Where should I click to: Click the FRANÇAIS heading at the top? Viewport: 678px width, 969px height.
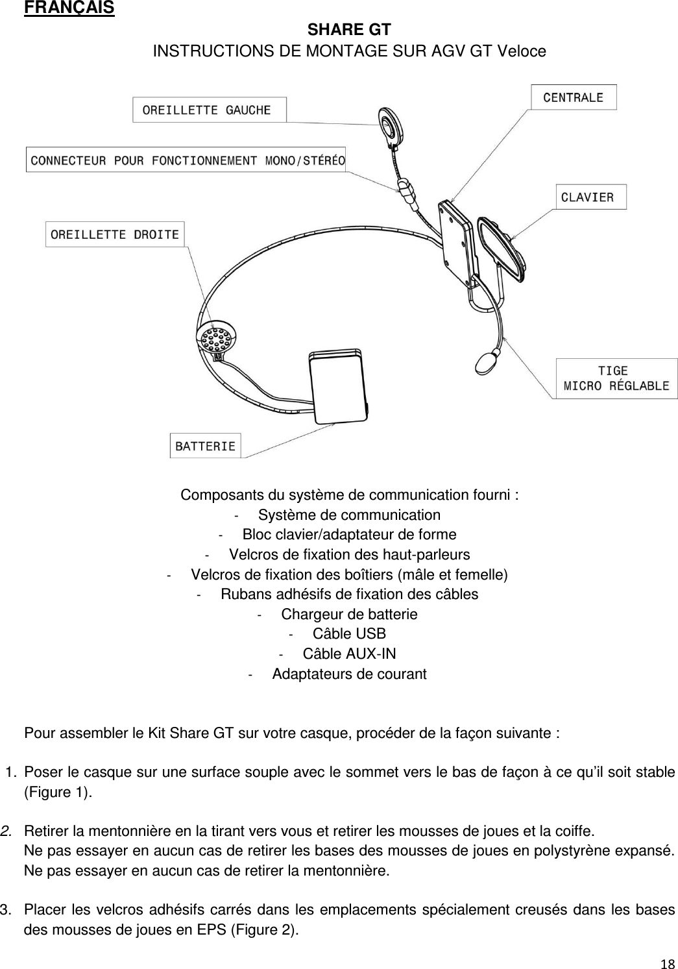point(69,8)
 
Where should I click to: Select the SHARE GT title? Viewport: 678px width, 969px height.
point(348,31)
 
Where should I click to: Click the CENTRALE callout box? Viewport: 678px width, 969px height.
point(573,97)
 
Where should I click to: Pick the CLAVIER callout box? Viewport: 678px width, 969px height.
point(590,197)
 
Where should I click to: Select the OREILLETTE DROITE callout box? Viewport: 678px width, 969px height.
point(115,234)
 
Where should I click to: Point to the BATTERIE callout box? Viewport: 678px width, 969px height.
point(205,446)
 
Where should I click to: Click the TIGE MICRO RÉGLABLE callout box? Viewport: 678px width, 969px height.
point(615,378)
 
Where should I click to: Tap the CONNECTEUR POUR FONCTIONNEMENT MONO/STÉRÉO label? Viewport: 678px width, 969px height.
point(186,160)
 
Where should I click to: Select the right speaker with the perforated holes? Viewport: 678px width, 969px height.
point(214,339)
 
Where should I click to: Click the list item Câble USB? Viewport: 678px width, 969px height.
point(348,634)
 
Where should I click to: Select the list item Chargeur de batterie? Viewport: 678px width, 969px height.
point(348,614)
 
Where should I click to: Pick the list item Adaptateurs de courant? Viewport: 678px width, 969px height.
point(348,674)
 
